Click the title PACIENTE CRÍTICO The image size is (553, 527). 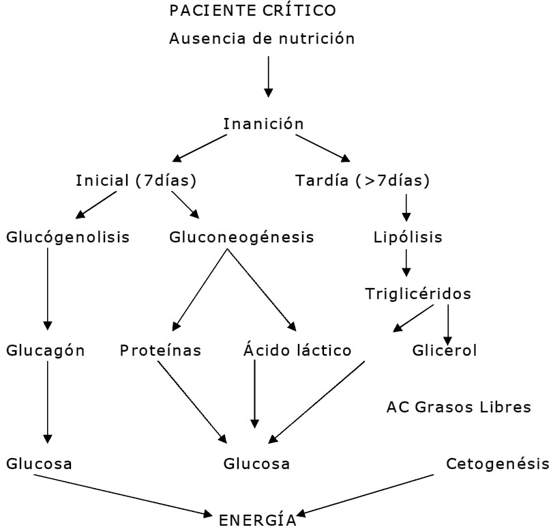(252, 11)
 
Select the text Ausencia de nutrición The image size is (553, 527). (262, 38)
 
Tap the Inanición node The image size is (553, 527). (263, 124)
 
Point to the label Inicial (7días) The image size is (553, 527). (136, 181)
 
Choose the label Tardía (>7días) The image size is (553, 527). (362, 181)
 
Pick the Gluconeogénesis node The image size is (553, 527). (241, 238)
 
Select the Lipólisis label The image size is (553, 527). (408, 238)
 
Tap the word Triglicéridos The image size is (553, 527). (418, 294)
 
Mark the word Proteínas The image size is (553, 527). (161, 351)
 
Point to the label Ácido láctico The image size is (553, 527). (297, 351)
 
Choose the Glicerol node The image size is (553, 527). (445, 351)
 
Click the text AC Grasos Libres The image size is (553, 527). (458, 408)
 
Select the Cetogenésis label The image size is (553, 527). (497, 464)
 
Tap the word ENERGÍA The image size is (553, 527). (258, 520)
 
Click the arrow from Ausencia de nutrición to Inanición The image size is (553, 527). (268, 76)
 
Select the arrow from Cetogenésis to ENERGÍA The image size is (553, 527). (372, 494)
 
